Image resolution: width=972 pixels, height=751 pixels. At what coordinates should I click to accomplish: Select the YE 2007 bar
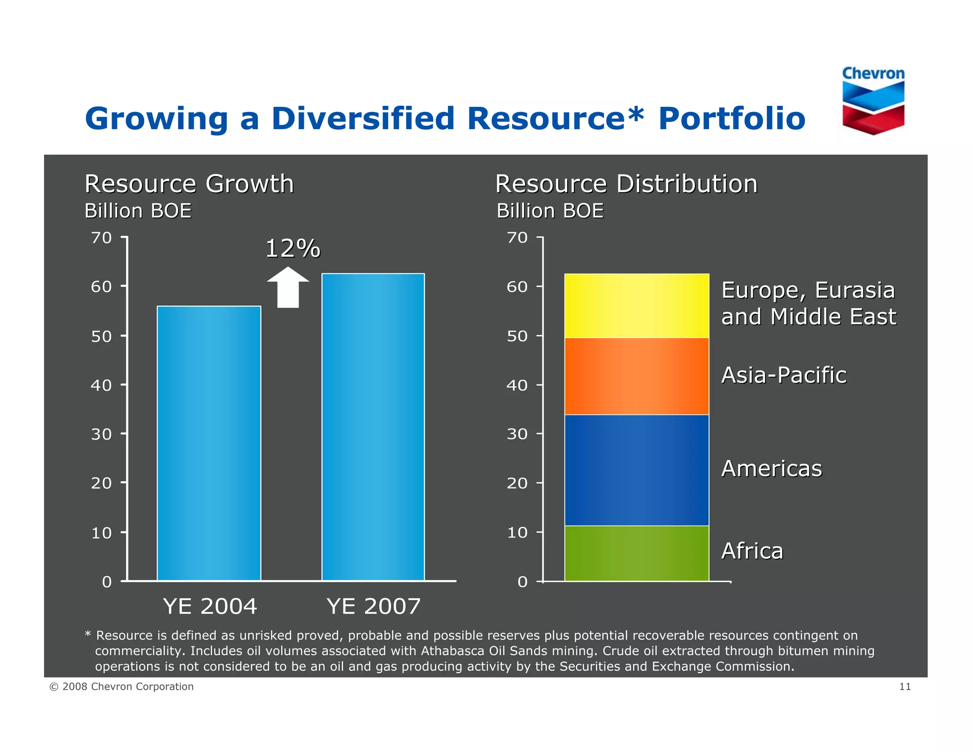373,427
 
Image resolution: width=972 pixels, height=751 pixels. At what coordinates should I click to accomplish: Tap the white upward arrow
288,287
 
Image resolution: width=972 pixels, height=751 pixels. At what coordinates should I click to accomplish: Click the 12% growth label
292,248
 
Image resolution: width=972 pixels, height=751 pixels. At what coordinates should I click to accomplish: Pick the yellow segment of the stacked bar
636,306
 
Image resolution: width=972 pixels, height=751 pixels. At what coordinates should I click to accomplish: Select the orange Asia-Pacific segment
636,376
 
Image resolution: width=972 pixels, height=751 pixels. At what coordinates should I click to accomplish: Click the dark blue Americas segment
636,470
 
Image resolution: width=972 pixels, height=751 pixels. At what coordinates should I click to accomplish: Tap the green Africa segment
636,553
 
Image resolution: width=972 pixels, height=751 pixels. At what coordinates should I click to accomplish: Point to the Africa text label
752,551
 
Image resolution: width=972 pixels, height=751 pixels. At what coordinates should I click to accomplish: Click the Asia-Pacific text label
784,375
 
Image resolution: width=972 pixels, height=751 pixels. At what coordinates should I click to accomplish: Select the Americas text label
771,469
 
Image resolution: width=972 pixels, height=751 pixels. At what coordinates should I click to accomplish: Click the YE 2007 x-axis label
374,606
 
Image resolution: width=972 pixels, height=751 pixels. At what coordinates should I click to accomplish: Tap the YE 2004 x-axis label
210,606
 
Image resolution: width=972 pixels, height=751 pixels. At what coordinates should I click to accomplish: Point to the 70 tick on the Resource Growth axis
102,237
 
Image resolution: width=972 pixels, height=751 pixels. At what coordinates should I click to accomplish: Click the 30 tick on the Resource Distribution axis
517,434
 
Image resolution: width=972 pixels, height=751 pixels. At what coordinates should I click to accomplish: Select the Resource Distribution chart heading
626,184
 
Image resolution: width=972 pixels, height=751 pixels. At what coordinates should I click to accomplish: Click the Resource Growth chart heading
189,184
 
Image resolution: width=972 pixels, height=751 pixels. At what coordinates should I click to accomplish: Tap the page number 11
905,686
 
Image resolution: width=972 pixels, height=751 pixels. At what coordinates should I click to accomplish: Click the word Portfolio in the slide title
731,118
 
